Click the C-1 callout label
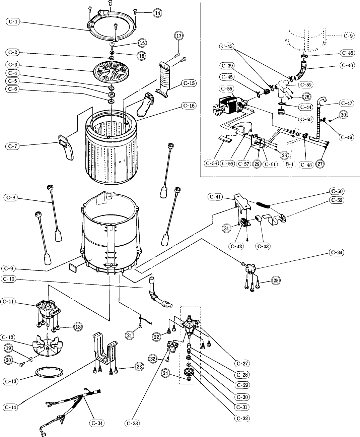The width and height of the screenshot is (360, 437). [13, 21]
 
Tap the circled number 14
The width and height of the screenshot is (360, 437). [157, 13]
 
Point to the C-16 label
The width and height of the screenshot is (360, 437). [189, 106]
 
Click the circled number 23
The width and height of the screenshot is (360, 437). [139, 366]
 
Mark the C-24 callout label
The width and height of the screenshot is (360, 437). [337, 252]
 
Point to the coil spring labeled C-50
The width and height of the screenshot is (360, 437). [263, 204]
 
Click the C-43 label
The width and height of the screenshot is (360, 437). [263, 246]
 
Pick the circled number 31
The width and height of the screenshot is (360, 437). [226, 228]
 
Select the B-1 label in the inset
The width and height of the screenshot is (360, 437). [289, 164]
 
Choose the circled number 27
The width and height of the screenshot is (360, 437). [320, 164]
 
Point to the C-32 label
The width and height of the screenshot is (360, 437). [242, 418]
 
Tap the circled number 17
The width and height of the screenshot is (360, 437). [179, 36]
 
